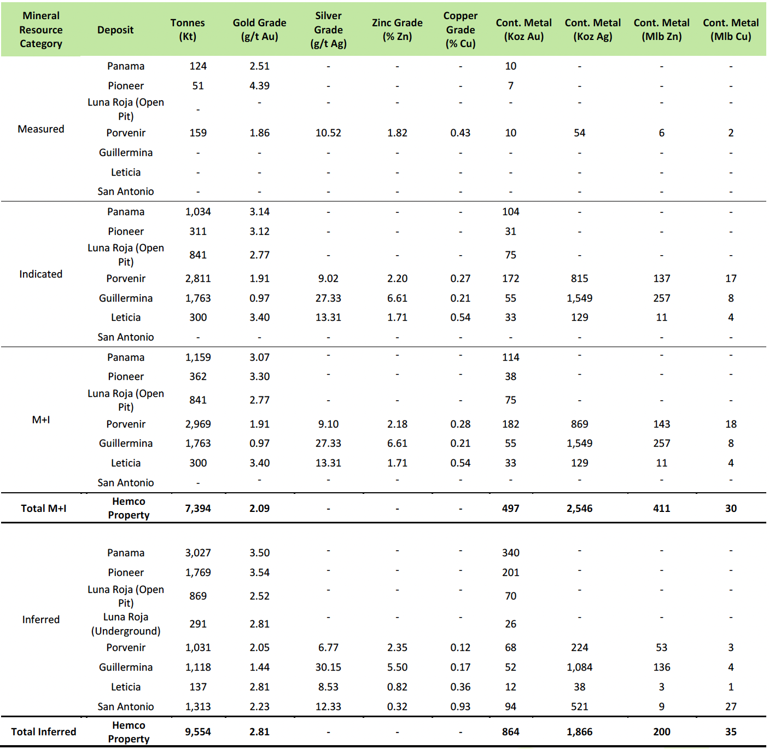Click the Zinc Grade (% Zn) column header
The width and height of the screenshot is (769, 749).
(397, 30)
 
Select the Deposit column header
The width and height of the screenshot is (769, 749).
(115, 30)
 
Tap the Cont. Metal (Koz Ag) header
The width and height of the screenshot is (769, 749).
(592, 30)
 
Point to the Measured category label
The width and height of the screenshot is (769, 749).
(41, 129)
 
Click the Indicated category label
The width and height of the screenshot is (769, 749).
(41, 274)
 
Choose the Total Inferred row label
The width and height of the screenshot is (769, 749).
(44, 732)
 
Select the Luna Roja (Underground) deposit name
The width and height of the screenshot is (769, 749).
(126, 624)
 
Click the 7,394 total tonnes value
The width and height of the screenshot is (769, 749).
(198, 509)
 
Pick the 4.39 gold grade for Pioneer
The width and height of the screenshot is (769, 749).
(259, 86)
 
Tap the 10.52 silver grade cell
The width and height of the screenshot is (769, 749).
(328, 133)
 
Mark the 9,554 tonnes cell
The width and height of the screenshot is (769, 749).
(198, 732)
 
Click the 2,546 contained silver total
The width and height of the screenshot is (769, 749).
(580, 509)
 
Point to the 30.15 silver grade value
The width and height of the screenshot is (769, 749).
(328, 667)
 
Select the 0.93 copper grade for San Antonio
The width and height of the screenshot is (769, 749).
(461, 707)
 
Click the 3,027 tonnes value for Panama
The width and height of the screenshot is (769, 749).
(198, 553)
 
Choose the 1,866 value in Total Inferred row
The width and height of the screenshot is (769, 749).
(580, 732)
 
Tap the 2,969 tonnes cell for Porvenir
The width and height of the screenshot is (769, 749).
(198, 424)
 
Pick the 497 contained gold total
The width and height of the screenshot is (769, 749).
(511, 509)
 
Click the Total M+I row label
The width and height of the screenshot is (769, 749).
(44, 509)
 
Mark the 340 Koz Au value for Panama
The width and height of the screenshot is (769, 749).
(511, 553)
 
